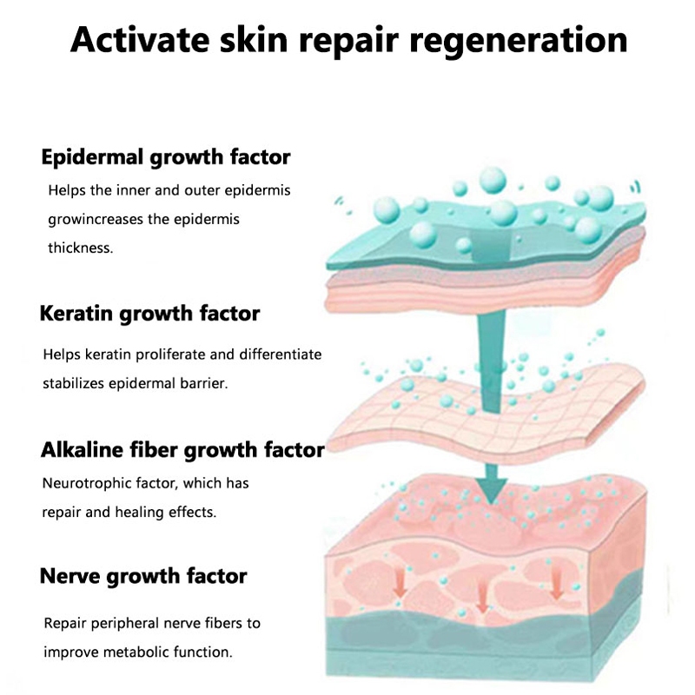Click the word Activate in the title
click(x=139, y=40)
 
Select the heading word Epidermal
click(x=93, y=158)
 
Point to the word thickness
click(x=80, y=248)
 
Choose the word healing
click(x=162, y=512)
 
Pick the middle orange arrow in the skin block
click(x=480, y=593)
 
